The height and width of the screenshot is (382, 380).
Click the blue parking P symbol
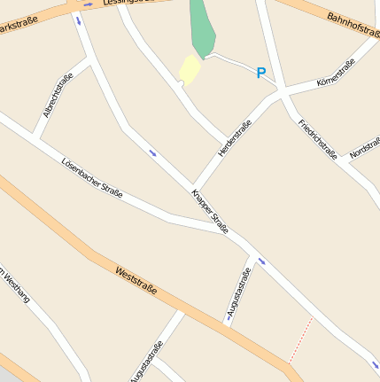tap(261, 74)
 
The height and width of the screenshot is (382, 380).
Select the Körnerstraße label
tap(336, 73)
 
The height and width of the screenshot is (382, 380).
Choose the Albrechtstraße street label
tap(58, 96)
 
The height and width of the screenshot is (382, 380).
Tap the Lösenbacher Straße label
tap(92, 177)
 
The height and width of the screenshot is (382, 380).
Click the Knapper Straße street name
tap(210, 211)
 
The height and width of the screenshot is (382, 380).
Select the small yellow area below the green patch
tap(189, 69)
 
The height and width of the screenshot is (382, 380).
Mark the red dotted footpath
tap(300, 340)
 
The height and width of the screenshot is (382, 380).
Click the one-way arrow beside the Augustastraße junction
tap(261, 261)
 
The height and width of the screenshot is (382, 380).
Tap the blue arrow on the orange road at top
tap(86, 4)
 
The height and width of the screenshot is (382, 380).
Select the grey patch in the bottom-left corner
tap(7, 376)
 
